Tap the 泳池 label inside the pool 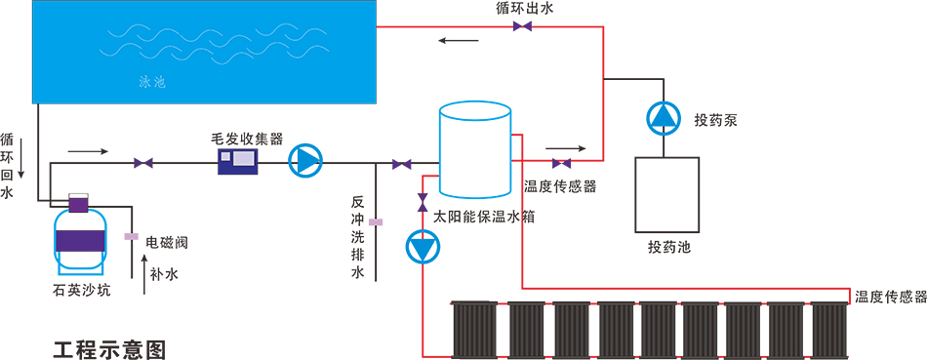151,83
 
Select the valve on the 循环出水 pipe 522,26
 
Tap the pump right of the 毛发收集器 305,161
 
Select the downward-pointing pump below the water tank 422,249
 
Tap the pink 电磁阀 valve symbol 129,236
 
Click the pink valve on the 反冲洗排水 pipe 377,222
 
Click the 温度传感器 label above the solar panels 889,297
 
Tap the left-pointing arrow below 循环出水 458,41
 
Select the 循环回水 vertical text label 8,166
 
